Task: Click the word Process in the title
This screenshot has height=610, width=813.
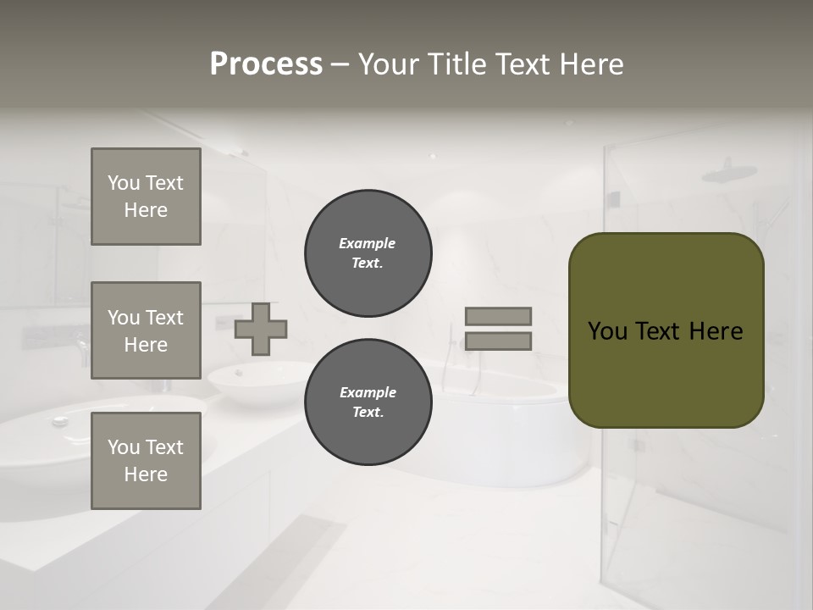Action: [x=266, y=64]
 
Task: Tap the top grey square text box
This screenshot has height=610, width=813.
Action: [x=146, y=197]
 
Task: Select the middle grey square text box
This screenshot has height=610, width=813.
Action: [x=146, y=330]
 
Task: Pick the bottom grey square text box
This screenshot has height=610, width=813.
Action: [x=146, y=461]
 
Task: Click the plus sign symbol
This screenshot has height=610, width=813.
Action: [x=261, y=329]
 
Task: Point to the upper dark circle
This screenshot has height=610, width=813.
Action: [x=368, y=253]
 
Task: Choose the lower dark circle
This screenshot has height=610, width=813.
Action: [x=368, y=402]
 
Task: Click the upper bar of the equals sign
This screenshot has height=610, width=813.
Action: [x=498, y=316]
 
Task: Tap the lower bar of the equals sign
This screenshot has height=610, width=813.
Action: [x=498, y=341]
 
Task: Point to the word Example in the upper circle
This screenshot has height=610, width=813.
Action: [x=367, y=243]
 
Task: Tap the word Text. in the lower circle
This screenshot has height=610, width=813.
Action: [x=368, y=413]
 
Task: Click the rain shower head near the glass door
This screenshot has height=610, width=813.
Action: [x=729, y=173]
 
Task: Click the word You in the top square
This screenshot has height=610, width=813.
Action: [x=124, y=183]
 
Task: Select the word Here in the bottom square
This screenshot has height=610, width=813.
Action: [x=146, y=474]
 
